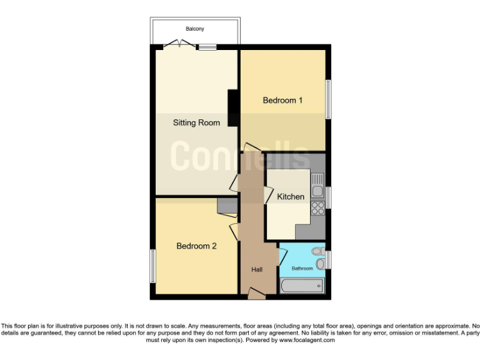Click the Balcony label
pos(194,29)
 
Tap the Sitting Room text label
pos(196,122)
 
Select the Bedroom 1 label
pos(282,100)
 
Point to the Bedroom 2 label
pos(196,246)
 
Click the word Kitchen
pos(291,196)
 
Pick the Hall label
pos(257,269)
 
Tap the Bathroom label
pos(302,268)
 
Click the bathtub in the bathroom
pos(302,286)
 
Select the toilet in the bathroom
pos(318,251)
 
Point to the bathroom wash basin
pos(320,264)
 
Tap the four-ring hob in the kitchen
pos(317,207)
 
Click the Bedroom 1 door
pos(252,147)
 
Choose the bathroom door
pos(282,255)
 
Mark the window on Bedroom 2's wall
pos(152,266)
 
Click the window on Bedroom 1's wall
pos(328,99)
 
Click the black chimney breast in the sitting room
pos(233,108)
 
